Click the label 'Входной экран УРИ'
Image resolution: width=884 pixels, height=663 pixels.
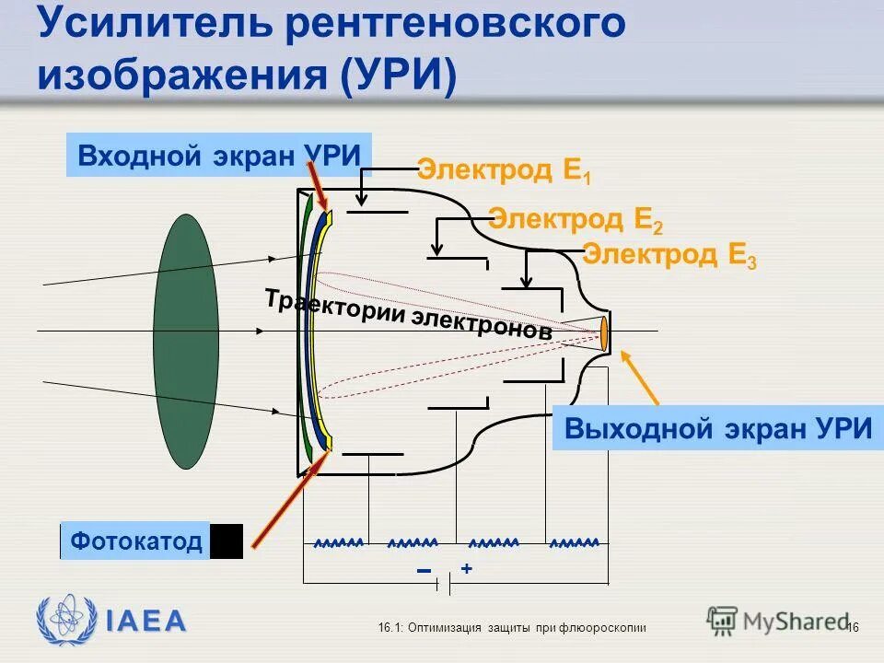point(219,155)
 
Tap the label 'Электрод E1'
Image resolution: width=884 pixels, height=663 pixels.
point(503,171)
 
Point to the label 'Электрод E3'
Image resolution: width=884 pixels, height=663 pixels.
point(669,254)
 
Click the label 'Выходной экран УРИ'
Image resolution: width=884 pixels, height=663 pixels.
point(717,429)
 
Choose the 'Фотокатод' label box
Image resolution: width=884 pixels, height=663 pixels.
point(136,541)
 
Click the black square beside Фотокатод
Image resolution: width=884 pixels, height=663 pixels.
point(227,541)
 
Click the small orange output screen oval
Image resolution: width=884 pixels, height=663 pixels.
point(605,332)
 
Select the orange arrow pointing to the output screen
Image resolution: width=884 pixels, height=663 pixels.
point(641,378)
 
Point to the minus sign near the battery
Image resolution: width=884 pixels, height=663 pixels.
point(425,572)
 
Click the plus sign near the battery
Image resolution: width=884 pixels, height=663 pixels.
point(467,570)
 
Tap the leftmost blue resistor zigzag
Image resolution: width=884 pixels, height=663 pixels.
point(338,542)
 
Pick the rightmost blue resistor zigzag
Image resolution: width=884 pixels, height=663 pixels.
point(574,542)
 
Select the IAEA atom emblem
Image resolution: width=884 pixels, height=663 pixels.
point(65,620)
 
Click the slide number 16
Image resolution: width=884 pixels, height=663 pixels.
point(852,627)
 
